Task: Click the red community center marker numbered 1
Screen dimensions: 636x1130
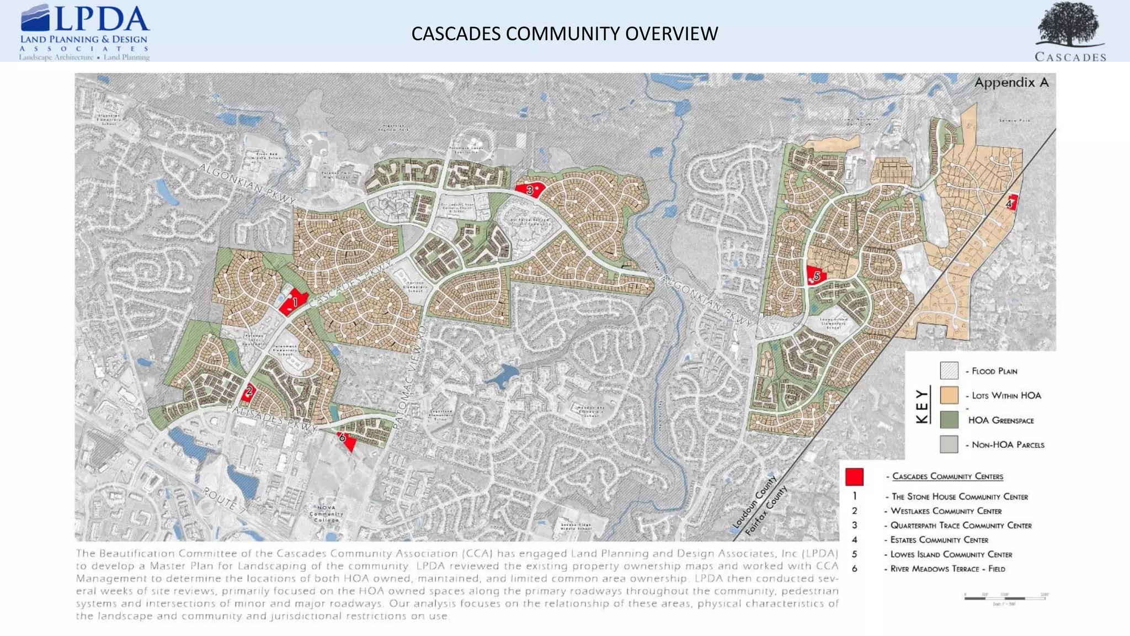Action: (292, 301)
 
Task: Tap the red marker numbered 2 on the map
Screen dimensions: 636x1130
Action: (248, 392)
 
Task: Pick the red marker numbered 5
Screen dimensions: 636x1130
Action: (816, 275)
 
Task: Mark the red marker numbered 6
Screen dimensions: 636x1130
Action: (345, 440)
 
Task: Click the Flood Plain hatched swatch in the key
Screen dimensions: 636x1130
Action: (949, 371)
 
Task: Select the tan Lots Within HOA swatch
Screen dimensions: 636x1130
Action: (949, 395)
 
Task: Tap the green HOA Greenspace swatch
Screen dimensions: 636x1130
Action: (949, 420)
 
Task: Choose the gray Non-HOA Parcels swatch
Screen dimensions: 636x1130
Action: (949, 444)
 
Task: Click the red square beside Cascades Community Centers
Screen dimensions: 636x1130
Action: (854, 476)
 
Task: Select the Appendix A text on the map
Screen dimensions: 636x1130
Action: (1011, 83)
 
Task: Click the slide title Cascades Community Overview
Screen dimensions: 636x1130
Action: (564, 34)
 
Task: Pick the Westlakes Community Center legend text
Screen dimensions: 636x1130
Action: (946, 511)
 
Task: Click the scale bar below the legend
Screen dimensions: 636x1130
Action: (1006, 598)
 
